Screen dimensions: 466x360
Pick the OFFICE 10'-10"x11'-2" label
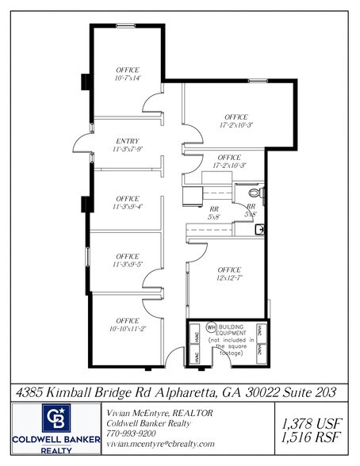128,323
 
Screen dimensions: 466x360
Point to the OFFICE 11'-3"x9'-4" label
128,202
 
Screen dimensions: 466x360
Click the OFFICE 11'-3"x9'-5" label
128,260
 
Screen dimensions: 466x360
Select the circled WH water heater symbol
211,327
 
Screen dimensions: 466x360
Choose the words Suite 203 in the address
311,392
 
